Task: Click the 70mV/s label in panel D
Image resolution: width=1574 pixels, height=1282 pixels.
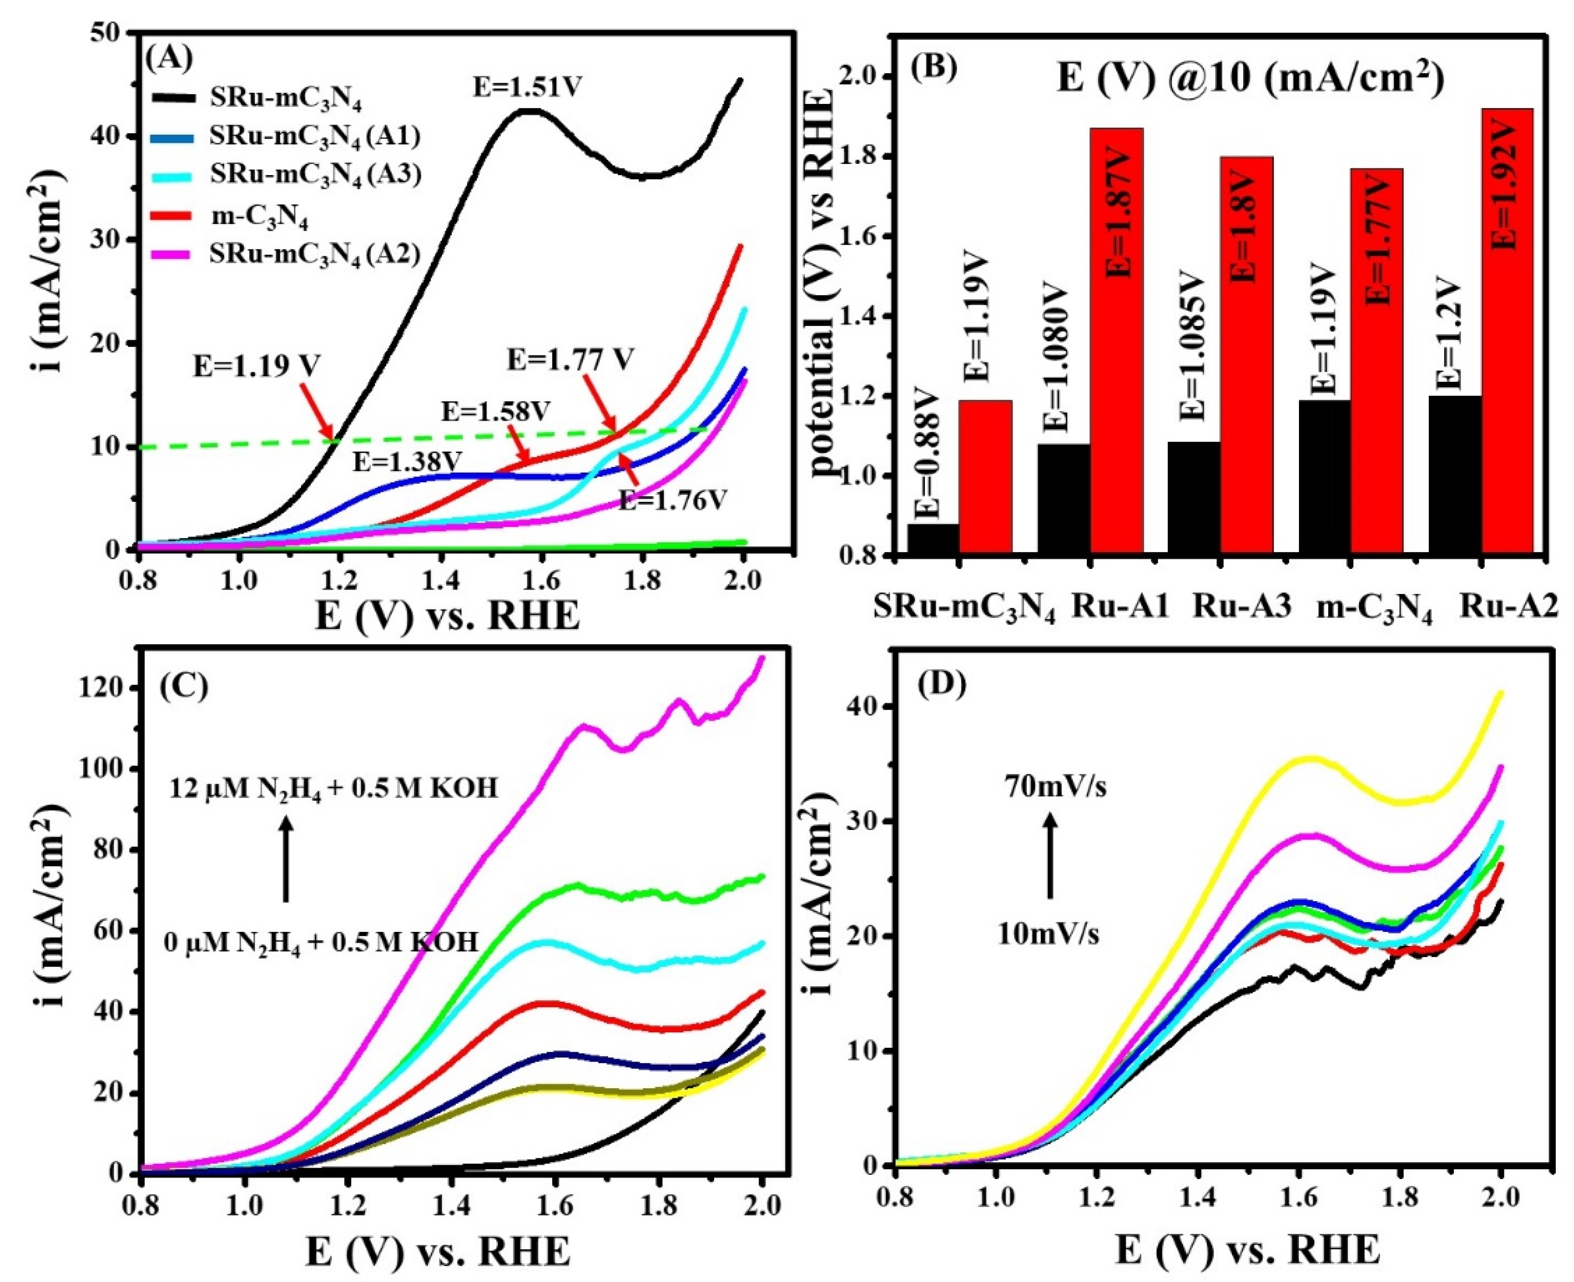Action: (x=1055, y=787)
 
